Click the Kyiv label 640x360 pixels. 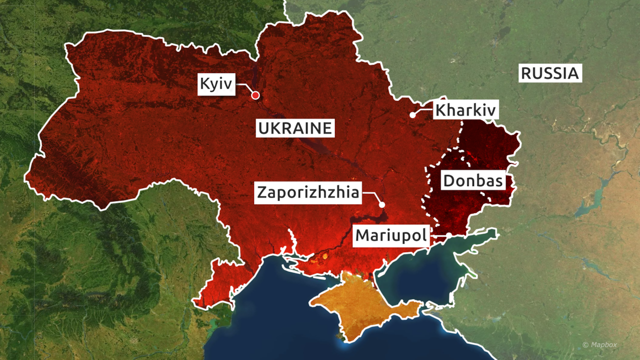[x=216, y=84]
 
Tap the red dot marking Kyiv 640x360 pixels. [x=255, y=95]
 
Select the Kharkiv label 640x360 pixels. [x=466, y=110]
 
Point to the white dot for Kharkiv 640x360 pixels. [x=412, y=114]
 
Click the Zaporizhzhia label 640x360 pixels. [x=308, y=192]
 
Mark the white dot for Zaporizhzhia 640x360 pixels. [x=381, y=204]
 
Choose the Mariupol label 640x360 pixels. [x=392, y=235]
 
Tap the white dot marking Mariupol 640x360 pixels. [x=449, y=235]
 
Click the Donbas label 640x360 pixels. [x=472, y=180]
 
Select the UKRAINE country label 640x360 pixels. [x=295, y=128]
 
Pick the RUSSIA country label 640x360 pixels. [x=549, y=73]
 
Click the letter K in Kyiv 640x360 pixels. [x=204, y=83]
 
